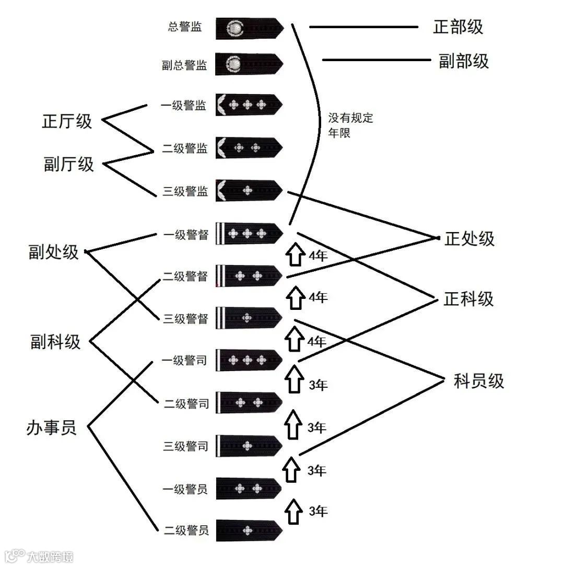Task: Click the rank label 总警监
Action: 185,27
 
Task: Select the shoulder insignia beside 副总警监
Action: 249,64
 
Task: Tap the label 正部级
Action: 458,27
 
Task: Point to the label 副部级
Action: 464,61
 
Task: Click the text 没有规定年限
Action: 350,125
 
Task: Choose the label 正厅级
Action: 67,121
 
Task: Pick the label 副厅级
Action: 68,164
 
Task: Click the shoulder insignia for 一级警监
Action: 249,105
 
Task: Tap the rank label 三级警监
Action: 185,191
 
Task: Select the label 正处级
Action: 469,239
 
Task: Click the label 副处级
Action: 54,252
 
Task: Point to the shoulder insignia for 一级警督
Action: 249,233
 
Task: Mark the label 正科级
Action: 468,299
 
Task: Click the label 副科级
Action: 56,342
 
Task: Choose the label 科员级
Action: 479,381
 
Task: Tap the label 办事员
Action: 51,427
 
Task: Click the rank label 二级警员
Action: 186,531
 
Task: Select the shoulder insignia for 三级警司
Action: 249,445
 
